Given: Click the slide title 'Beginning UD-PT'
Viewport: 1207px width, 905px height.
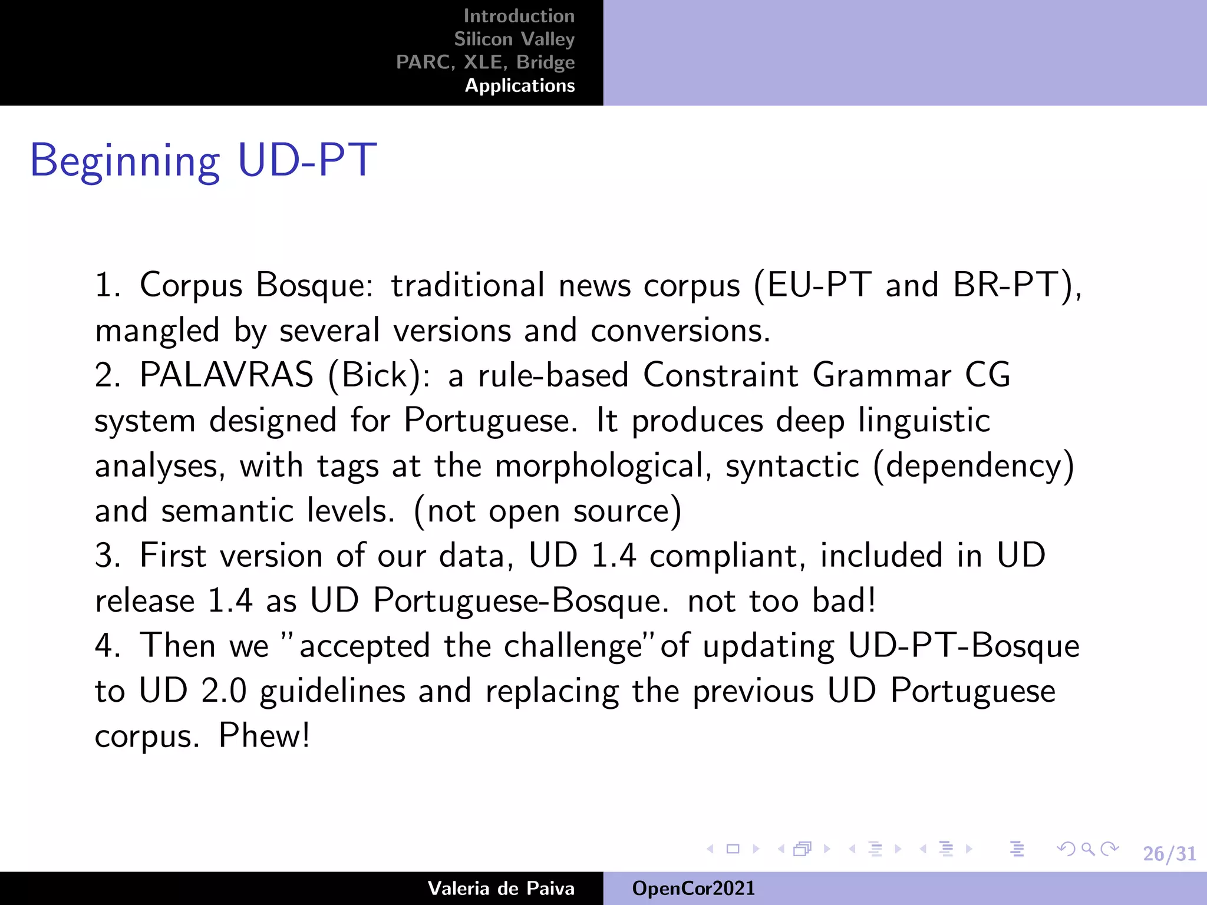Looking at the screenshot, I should pos(203,160).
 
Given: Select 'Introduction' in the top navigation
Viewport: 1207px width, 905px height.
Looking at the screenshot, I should pos(519,16).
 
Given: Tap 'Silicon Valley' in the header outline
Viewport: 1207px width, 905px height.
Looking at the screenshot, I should pos(514,39).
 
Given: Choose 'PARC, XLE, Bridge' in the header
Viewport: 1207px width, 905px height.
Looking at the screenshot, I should pos(485,62).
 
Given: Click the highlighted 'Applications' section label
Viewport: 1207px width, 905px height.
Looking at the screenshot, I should pos(520,85).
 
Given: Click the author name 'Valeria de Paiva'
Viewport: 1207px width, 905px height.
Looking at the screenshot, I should pos(501,888).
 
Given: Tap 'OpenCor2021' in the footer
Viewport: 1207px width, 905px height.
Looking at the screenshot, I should pos(693,888).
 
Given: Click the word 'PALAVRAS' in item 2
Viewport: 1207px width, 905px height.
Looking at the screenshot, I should pos(226,375).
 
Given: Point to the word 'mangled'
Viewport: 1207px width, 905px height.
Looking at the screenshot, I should pos(157,331).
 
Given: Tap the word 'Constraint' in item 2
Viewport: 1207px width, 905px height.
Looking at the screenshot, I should pos(721,375).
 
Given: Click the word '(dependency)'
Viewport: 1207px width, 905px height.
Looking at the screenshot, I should pos(974,465).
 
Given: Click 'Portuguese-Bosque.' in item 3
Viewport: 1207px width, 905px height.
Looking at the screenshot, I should pos(521,601).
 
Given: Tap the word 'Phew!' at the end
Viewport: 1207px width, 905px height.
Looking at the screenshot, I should pos(264,735).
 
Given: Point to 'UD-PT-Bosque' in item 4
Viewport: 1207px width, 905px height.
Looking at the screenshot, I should pos(964,646).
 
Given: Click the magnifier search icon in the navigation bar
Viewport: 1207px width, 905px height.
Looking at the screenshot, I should pos(1088,849).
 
